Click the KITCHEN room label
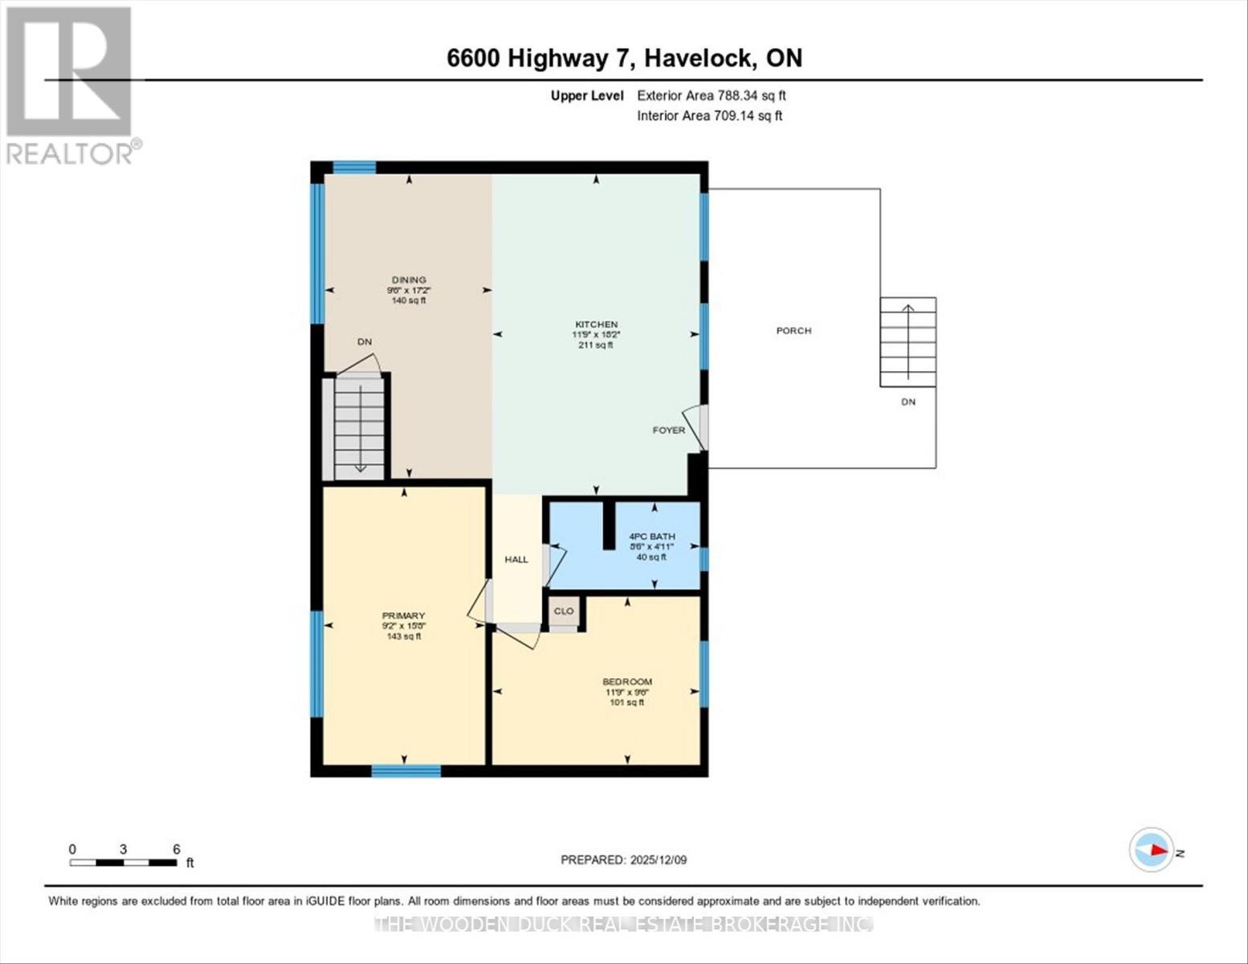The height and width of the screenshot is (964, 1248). click(595, 325)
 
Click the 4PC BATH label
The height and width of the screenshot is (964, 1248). click(651, 537)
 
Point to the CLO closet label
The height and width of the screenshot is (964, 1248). click(564, 611)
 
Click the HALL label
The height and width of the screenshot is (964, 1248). click(516, 559)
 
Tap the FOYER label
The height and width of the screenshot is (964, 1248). click(668, 430)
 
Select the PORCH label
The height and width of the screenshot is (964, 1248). click(793, 331)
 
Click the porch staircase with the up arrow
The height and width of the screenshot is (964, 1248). click(907, 342)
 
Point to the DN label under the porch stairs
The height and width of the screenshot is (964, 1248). click(907, 402)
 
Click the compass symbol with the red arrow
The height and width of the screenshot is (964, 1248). click(1152, 850)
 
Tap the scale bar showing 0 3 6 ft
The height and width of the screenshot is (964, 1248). click(123, 862)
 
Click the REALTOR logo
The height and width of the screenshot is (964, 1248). click(71, 84)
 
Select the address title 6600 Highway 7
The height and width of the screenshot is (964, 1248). click(624, 58)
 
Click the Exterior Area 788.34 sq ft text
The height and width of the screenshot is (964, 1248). click(711, 96)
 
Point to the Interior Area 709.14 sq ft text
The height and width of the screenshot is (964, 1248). click(709, 116)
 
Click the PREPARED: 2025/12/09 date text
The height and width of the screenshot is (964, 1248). click(623, 860)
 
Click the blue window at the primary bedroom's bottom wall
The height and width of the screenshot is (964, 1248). click(406, 771)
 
